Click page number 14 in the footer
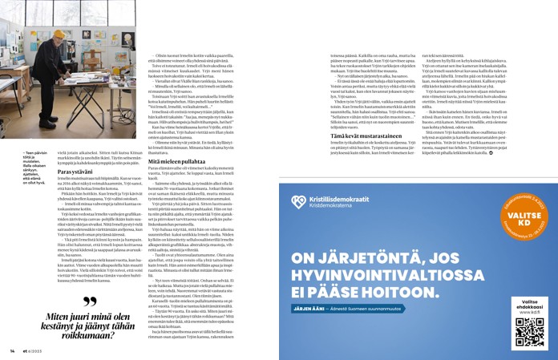(12, 351)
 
